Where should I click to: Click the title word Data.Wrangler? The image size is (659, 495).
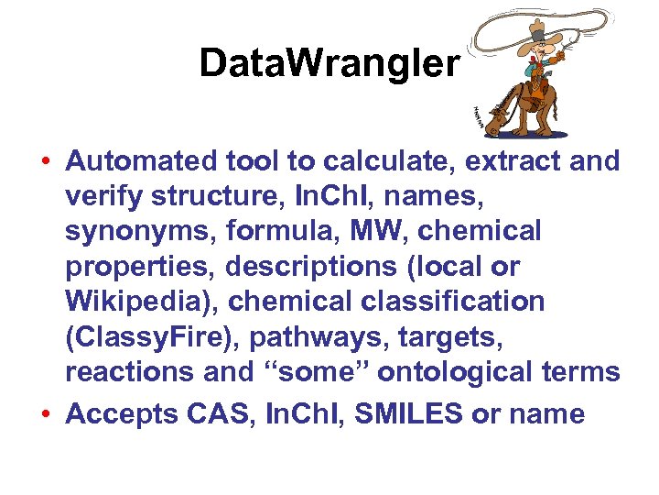327,63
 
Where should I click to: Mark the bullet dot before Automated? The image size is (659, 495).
45,162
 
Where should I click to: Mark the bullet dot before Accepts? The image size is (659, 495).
45,414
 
